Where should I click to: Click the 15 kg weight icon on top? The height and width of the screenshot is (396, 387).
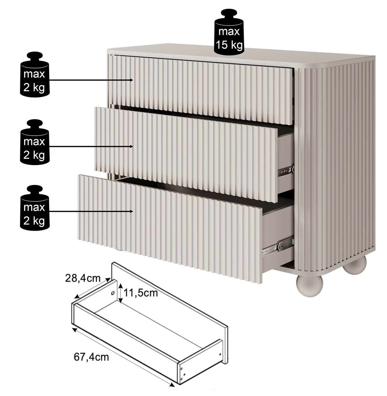tap(229, 32)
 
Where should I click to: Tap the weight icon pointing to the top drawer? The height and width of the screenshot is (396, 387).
tap(35, 74)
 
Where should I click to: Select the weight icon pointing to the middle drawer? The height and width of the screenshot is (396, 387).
tap(35, 142)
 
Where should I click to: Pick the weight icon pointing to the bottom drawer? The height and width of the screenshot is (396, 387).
tap(35, 208)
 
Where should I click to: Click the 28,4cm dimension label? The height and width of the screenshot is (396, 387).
tap(83, 278)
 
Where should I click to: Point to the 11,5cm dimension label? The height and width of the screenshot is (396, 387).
tap(141, 293)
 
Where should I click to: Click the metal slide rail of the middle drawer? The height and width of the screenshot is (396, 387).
tap(286, 170)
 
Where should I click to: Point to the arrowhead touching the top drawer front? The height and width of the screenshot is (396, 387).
tap(132, 80)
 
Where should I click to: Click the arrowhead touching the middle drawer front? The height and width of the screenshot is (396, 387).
tap(132, 147)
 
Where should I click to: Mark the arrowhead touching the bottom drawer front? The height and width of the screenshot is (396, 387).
tap(132, 211)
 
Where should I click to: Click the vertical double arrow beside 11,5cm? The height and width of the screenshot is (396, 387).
tap(121, 293)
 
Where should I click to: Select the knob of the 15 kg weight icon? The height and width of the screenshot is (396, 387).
tap(229, 14)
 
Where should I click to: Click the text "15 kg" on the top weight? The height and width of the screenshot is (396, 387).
tap(229, 45)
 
